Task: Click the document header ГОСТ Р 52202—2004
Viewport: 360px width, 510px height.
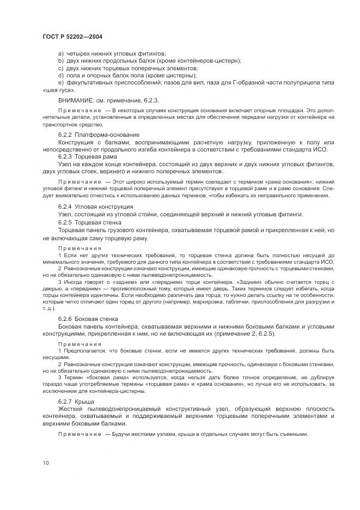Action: click(x=72, y=37)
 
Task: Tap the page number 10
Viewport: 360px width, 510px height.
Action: click(x=46, y=463)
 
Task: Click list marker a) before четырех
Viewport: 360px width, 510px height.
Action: click(x=60, y=53)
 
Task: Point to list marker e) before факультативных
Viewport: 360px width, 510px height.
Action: click(x=60, y=82)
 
